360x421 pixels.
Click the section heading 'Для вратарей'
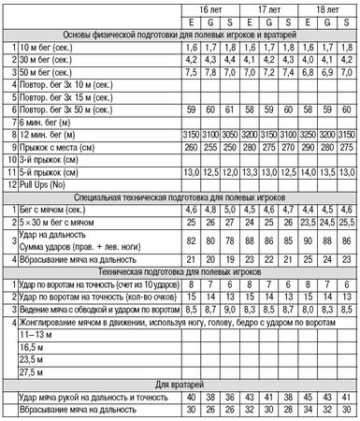pyautogui.click(x=180, y=385)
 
